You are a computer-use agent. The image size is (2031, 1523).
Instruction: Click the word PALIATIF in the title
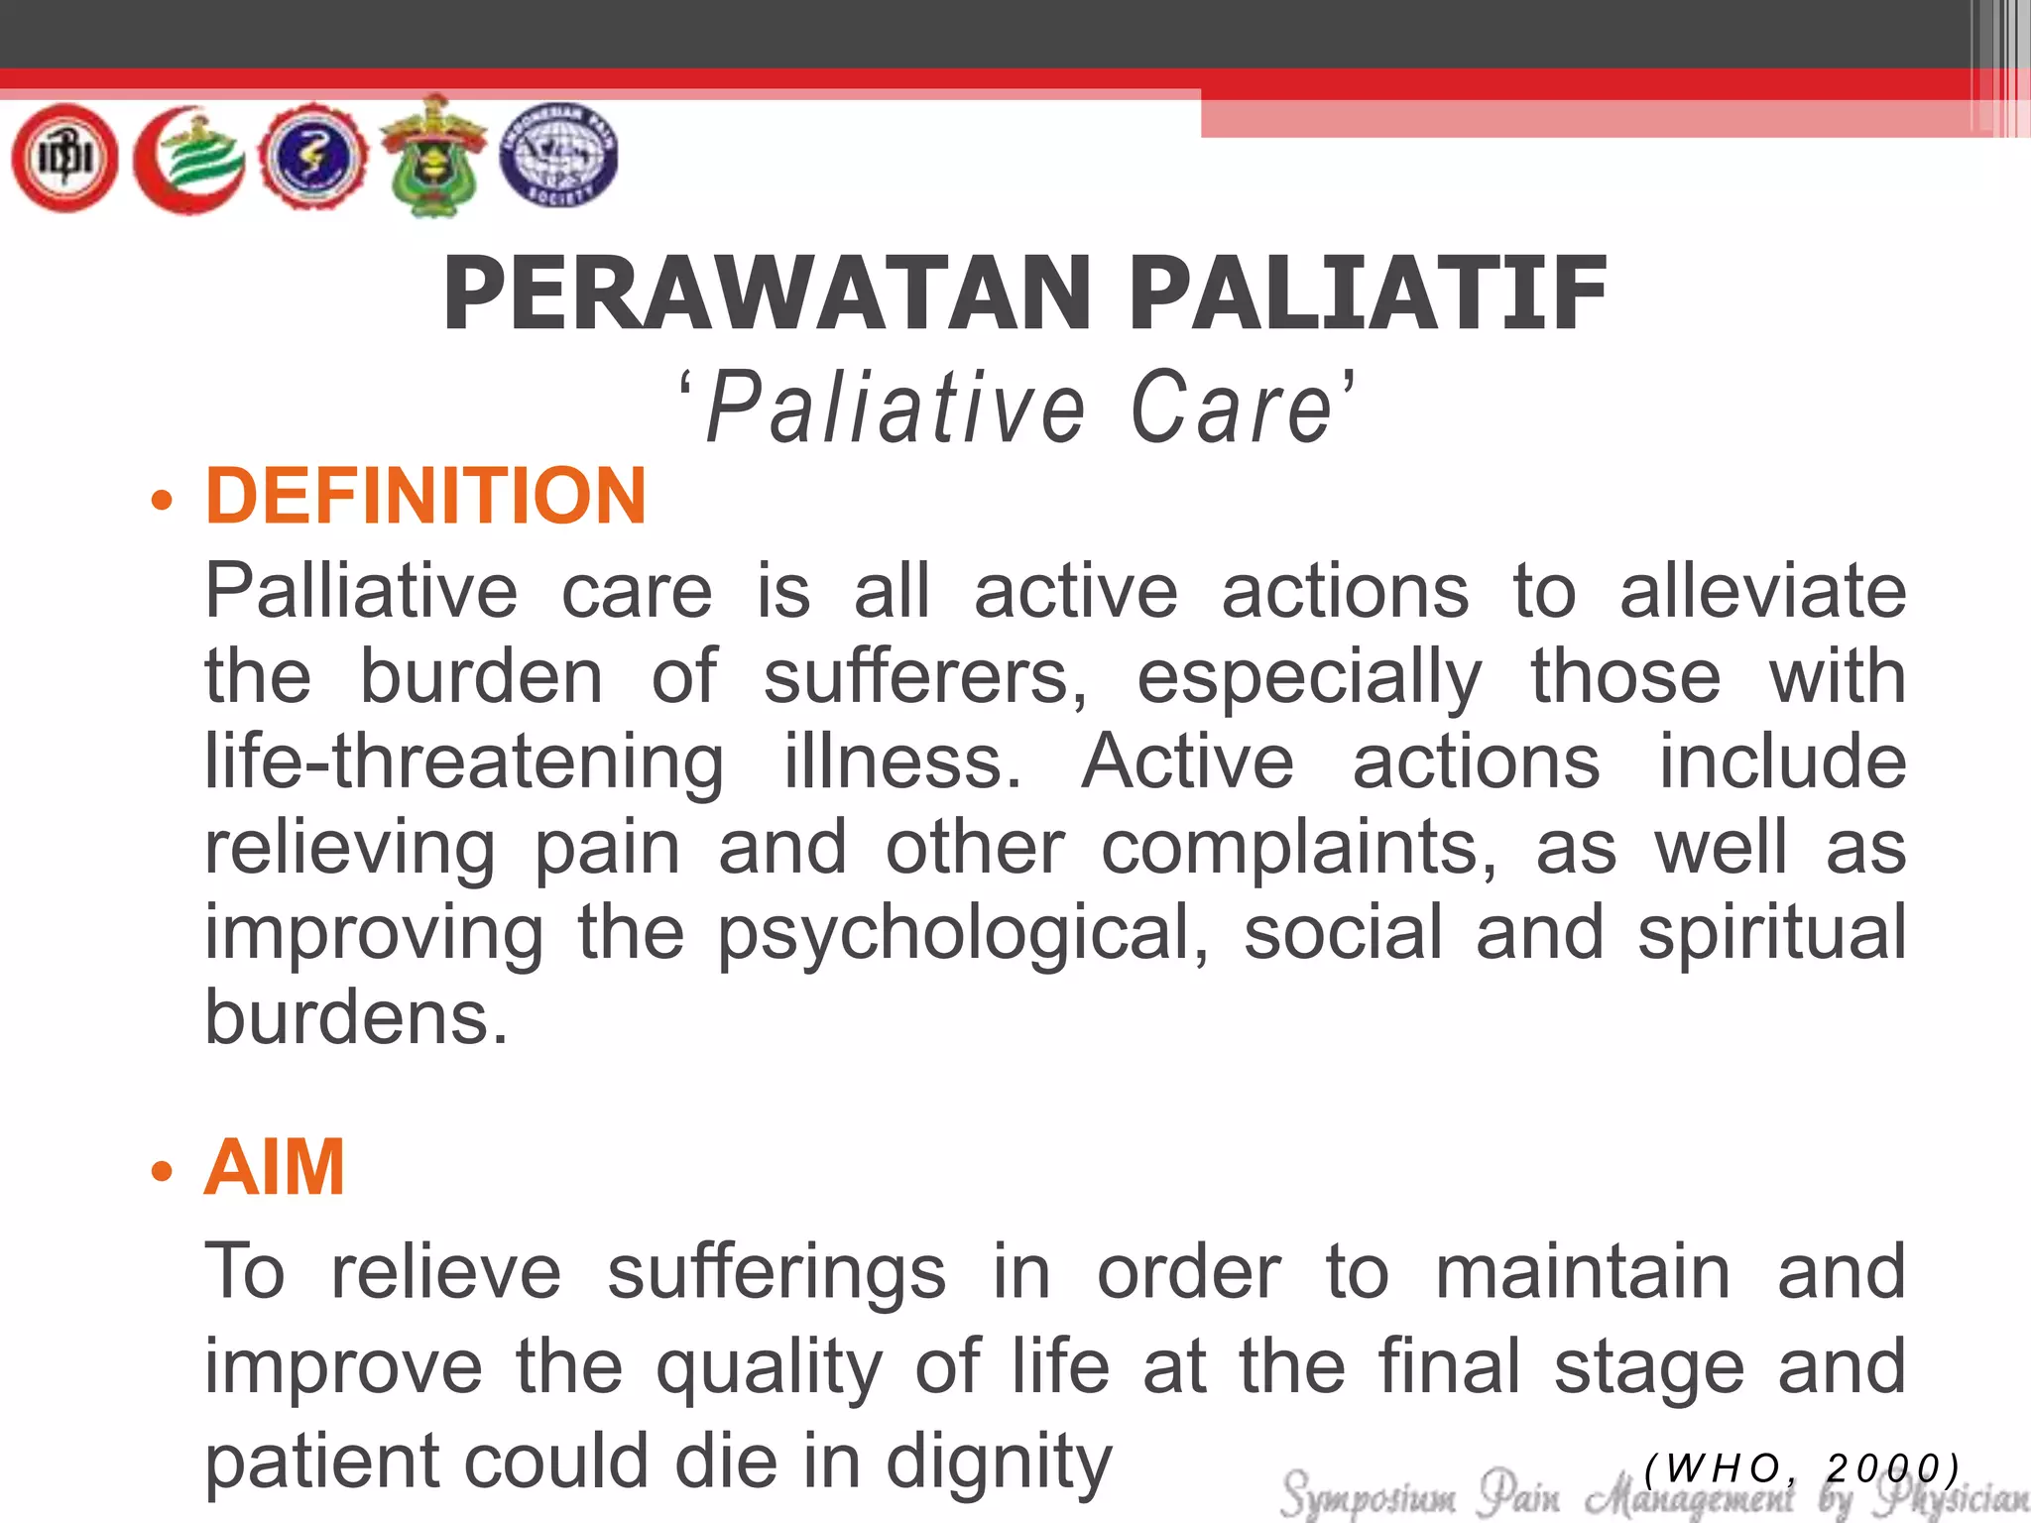tap(1368, 293)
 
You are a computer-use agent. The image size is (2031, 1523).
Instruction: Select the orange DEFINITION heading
tap(425, 496)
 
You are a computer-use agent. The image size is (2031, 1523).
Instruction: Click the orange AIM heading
tap(275, 1167)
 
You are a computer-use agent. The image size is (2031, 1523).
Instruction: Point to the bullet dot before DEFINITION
tap(162, 499)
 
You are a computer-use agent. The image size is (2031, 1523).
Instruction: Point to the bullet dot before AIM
tap(162, 1172)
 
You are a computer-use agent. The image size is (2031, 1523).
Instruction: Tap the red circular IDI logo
tap(64, 159)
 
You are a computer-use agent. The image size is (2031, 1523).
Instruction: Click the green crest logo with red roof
tap(433, 157)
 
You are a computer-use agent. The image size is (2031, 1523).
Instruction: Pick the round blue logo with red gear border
tap(312, 159)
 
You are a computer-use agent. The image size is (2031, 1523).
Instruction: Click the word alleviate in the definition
tap(1762, 591)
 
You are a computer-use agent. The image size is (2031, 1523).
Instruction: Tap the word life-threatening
tap(464, 762)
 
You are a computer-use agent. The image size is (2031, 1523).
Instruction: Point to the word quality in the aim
tap(769, 1367)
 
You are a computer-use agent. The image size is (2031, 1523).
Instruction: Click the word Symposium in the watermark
tap(1368, 1494)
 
